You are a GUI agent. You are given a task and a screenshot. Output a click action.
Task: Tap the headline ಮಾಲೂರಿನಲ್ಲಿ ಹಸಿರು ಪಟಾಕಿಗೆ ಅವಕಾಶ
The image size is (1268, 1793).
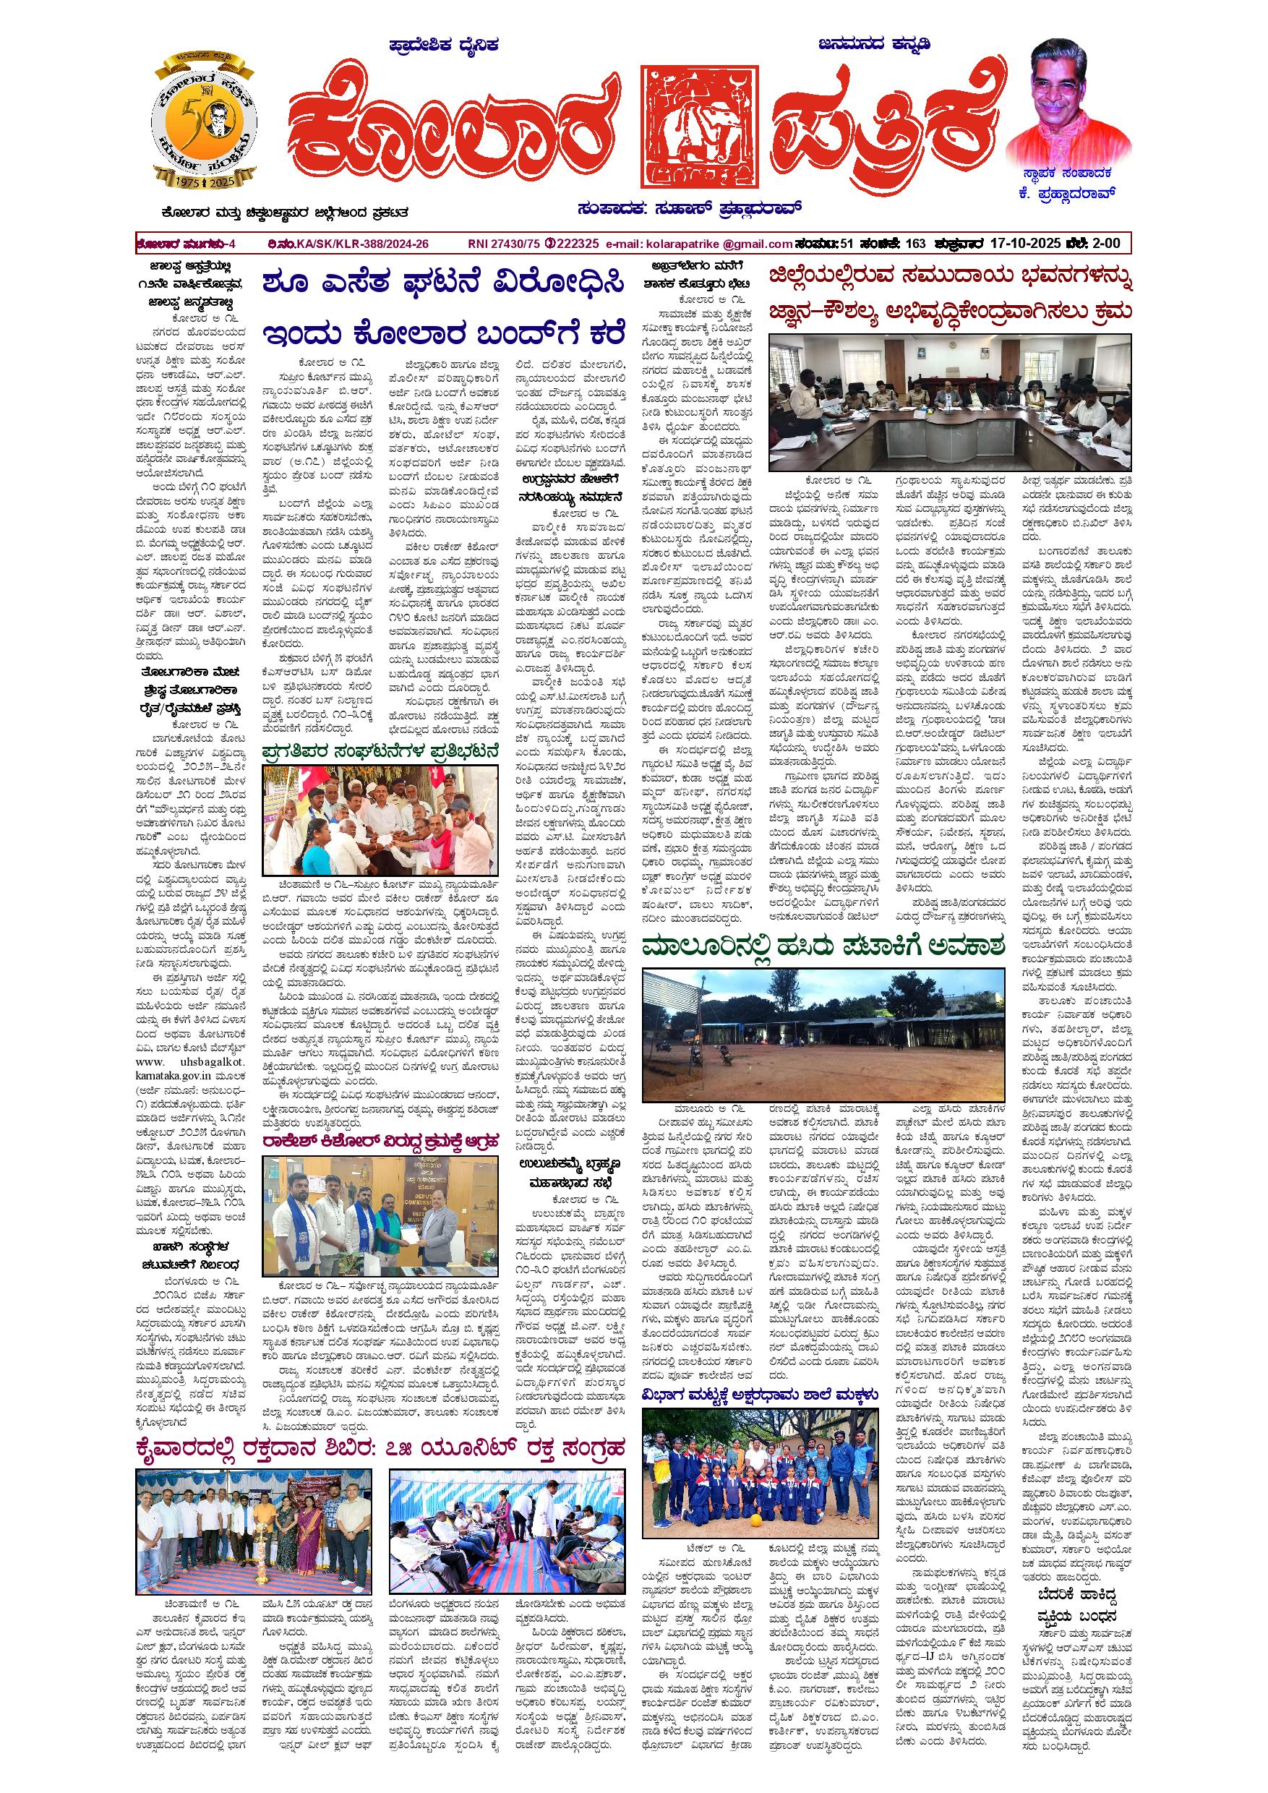[x=823, y=948]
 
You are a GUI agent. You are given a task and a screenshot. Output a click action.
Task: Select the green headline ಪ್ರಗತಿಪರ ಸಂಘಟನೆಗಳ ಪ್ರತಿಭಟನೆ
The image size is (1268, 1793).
[x=380, y=753]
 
